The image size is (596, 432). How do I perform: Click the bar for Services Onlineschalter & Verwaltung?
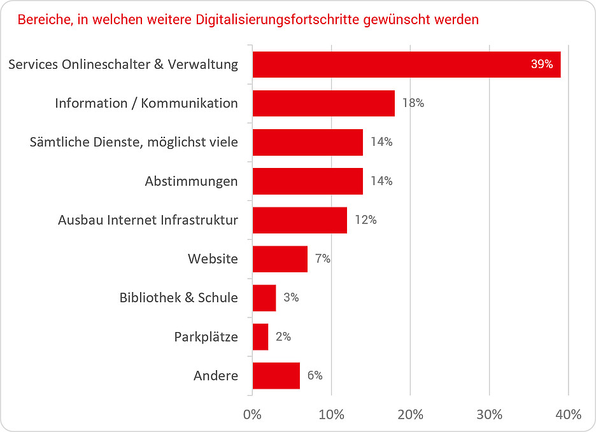pyautogui.click(x=406, y=64)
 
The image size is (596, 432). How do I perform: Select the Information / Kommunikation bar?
pyautogui.click(x=323, y=103)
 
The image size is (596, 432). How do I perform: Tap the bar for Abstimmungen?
pyautogui.click(x=308, y=181)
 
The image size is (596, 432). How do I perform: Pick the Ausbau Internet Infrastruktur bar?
pyautogui.click(x=300, y=220)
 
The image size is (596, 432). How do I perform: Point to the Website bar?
pyautogui.click(x=280, y=259)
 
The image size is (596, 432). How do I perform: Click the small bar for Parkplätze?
pyautogui.click(x=260, y=337)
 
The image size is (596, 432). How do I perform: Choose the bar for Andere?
pyautogui.click(x=276, y=375)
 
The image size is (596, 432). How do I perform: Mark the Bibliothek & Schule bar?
pyautogui.click(x=264, y=298)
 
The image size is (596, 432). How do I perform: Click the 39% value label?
pyautogui.click(x=541, y=64)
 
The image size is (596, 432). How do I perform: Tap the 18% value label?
pyautogui.click(x=413, y=103)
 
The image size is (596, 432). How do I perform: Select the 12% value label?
pyautogui.click(x=365, y=220)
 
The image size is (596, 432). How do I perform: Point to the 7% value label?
pyautogui.click(x=322, y=259)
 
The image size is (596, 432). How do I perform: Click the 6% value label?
pyautogui.click(x=315, y=375)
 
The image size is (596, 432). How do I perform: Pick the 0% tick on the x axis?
pyautogui.click(x=253, y=415)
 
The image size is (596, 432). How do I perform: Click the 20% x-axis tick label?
pyautogui.click(x=411, y=415)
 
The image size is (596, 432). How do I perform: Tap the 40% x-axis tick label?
pyautogui.click(x=568, y=415)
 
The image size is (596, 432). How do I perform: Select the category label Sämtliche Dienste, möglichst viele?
pyautogui.click(x=134, y=142)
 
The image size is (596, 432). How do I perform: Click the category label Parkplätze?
pyautogui.click(x=206, y=337)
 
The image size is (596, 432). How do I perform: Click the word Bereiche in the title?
pyautogui.click(x=44, y=20)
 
